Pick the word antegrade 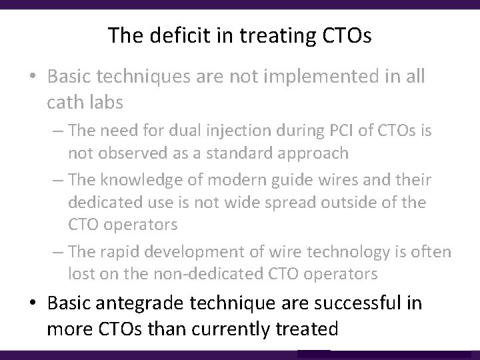pyautogui.click(x=149, y=304)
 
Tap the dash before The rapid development pyautogui.click(x=59, y=252)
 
